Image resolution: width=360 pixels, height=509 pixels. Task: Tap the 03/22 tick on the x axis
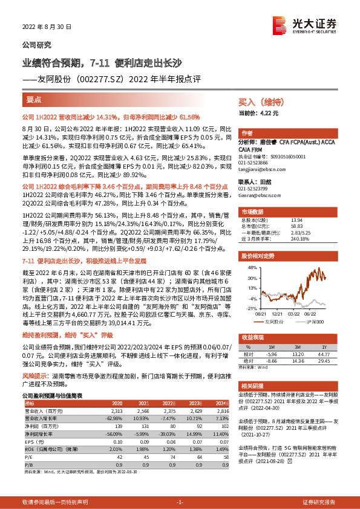(295, 314)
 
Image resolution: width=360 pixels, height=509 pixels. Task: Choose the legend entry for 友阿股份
(275, 322)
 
